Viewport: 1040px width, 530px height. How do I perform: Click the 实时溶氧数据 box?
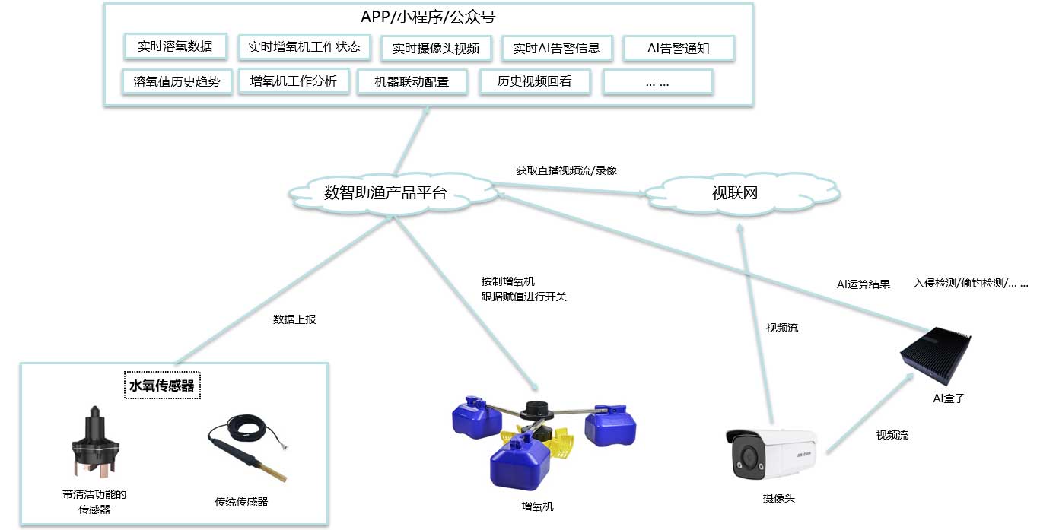(176, 46)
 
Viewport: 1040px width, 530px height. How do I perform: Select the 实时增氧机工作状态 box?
(304, 47)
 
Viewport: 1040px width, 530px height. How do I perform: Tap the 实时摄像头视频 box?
(436, 48)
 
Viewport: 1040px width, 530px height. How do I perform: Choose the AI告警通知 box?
(679, 48)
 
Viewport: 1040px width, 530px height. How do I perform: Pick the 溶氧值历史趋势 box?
(177, 82)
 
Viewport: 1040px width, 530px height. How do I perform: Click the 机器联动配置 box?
(412, 82)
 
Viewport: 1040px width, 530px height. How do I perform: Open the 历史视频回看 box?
(535, 81)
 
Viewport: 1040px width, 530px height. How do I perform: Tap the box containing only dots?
(657, 82)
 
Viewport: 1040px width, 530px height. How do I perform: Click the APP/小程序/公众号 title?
(428, 17)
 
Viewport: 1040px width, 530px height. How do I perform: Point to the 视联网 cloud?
(742, 193)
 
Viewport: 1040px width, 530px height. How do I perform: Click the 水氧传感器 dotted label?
(162, 386)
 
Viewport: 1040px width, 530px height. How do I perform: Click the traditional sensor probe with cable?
(246, 448)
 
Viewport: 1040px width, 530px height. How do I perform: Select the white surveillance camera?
(771, 454)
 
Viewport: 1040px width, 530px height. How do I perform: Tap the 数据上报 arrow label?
(294, 319)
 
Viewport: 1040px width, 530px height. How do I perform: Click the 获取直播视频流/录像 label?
(566, 170)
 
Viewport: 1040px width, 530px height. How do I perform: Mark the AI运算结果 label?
(863, 284)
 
